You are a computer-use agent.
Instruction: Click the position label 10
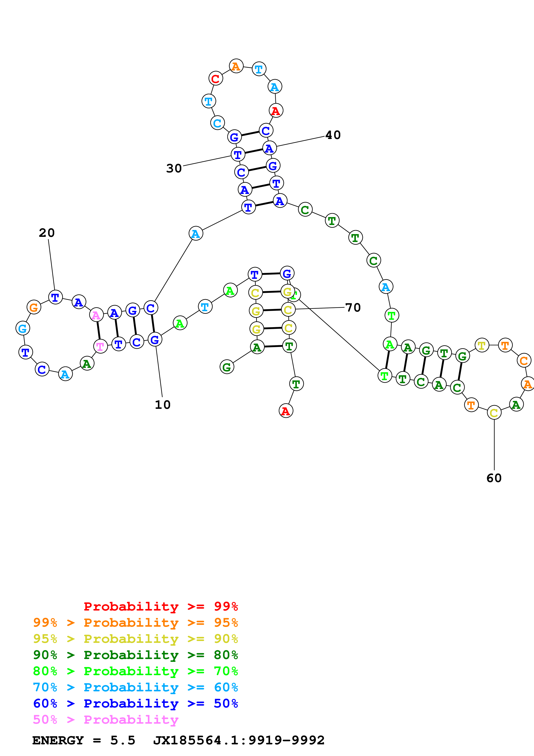coord(163,405)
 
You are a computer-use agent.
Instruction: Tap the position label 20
coord(47,233)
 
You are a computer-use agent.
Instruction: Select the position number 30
coord(174,168)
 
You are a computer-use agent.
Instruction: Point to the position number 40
coord(333,135)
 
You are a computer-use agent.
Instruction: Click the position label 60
coord(494,478)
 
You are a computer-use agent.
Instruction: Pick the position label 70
coord(353,308)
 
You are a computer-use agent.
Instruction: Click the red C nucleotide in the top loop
coord(215,79)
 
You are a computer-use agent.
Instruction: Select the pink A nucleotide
coord(96,315)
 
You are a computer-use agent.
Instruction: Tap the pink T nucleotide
coord(100,346)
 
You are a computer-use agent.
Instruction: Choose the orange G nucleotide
coord(34,308)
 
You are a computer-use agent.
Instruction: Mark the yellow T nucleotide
coord(482,345)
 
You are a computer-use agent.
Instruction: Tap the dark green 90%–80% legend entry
coord(135,655)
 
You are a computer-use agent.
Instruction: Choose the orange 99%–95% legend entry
coord(135,623)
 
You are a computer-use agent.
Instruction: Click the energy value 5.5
coord(123,740)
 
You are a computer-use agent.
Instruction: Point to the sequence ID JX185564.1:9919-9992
coord(239,740)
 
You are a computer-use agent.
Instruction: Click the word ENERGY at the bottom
coord(58,740)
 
